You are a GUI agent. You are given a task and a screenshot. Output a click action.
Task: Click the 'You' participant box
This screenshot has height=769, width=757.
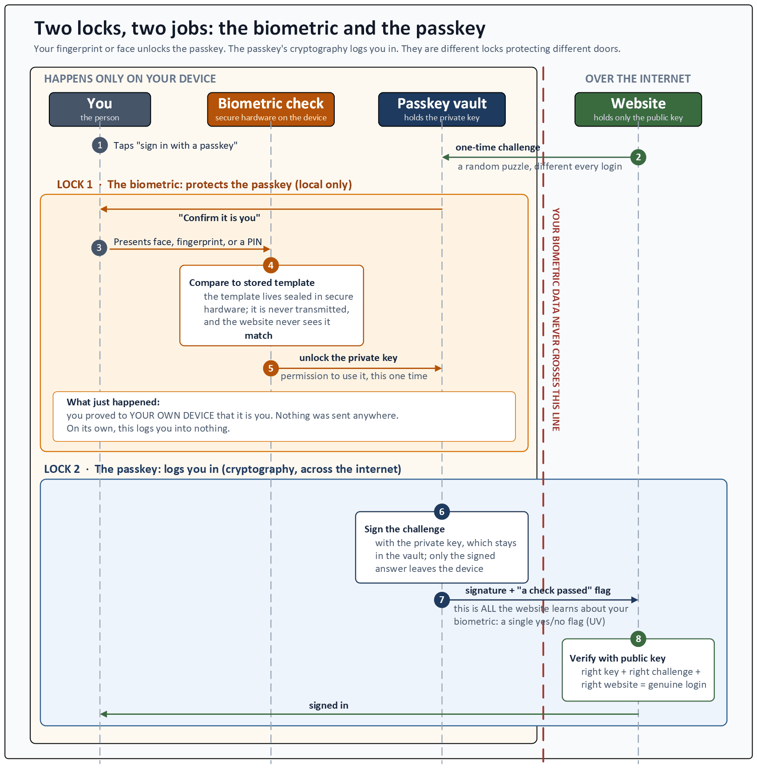click(100, 110)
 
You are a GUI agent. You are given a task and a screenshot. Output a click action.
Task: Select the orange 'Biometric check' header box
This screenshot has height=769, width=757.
click(271, 110)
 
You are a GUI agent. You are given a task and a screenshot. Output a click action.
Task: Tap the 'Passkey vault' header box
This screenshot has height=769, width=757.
click(442, 110)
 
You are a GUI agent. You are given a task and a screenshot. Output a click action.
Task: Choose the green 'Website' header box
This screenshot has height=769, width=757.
click(638, 110)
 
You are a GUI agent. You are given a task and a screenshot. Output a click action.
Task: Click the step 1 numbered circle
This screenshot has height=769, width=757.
click(100, 145)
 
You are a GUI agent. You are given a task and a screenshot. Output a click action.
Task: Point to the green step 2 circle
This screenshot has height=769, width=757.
click(638, 157)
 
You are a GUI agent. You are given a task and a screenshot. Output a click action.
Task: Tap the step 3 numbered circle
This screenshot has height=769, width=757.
click(99, 248)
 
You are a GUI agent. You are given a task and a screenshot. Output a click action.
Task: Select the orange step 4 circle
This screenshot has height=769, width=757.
click(271, 266)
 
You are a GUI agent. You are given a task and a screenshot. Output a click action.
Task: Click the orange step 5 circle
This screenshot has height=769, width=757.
click(271, 368)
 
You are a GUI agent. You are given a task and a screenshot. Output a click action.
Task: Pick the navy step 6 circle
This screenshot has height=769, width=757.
click(442, 511)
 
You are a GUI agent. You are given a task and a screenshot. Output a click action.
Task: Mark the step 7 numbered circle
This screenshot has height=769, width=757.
click(442, 600)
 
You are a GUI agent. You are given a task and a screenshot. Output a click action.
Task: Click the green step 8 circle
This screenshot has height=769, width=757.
click(638, 639)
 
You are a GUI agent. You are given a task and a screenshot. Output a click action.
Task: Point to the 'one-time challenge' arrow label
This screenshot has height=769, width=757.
click(498, 147)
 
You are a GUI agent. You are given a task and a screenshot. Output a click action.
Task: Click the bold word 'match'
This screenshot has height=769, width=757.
click(258, 336)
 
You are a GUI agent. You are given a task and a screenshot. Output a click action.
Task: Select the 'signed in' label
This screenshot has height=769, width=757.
click(329, 706)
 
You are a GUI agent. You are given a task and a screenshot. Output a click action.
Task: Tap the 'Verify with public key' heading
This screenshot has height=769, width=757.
click(618, 658)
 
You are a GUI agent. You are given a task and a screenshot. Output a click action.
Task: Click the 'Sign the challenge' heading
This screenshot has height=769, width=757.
click(404, 529)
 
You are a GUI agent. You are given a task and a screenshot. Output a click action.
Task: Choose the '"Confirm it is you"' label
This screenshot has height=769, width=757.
click(219, 218)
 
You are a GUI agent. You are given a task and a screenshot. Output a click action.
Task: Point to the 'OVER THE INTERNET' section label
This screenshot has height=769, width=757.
click(638, 79)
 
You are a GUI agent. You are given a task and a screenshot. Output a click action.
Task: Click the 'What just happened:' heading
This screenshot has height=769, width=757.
click(113, 402)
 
